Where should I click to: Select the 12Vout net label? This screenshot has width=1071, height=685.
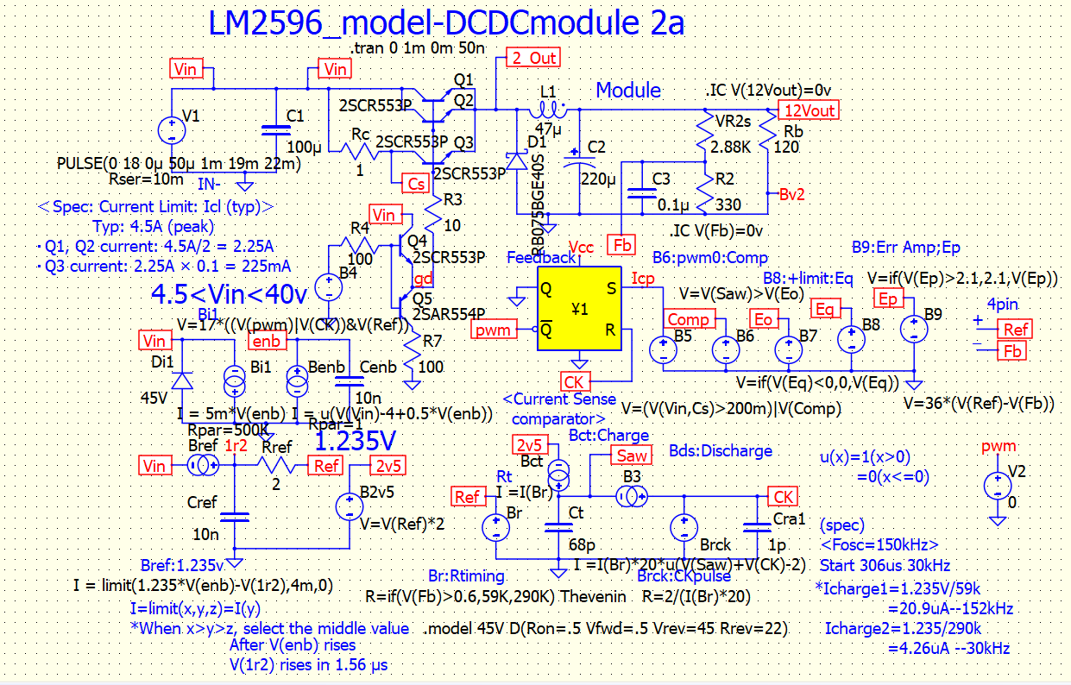click(807, 110)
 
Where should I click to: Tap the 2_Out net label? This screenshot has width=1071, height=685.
click(533, 58)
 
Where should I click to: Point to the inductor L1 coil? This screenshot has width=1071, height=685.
click(549, 110)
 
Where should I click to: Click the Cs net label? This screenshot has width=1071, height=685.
click(416, 183)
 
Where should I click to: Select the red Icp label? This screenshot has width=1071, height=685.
click(642, 279)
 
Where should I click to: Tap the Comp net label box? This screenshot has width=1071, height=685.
click(688, 320)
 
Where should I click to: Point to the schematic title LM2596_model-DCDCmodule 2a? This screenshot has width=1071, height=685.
click(446, 23)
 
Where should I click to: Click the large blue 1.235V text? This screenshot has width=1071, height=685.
click(355, 442)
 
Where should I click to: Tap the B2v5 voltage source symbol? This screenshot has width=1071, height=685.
click(350, 506)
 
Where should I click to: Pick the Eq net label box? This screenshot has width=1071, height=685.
click(826, 308)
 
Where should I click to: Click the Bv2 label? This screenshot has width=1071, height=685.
click(791, 194)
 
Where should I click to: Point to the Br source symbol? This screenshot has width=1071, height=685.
click(496, 528)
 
